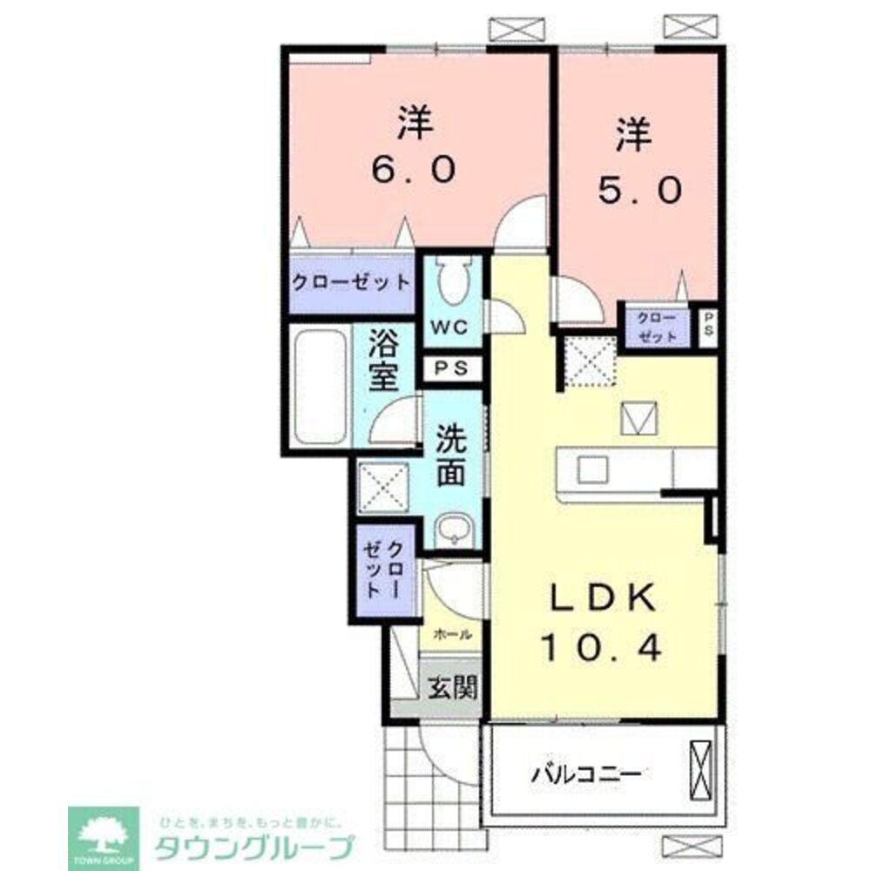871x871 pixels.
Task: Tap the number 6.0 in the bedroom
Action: pyautogui.click(x=415, y=170)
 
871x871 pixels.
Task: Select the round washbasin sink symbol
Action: pyautogui.click(x=453, y=529)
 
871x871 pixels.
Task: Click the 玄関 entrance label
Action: pyautogui.click(x=452, y=689)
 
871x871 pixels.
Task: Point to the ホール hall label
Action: pyautogui.click(x=452, y=634)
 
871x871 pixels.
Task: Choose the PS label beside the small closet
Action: pyautogui.click(x=708, y=325)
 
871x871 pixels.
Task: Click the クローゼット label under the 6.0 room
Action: pyautogui.click(x=350, y=282)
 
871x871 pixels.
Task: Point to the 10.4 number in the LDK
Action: pyautogui.click(x=602, y=647)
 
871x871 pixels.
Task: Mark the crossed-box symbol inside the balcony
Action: pyautogui.click(x=700, y=767)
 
